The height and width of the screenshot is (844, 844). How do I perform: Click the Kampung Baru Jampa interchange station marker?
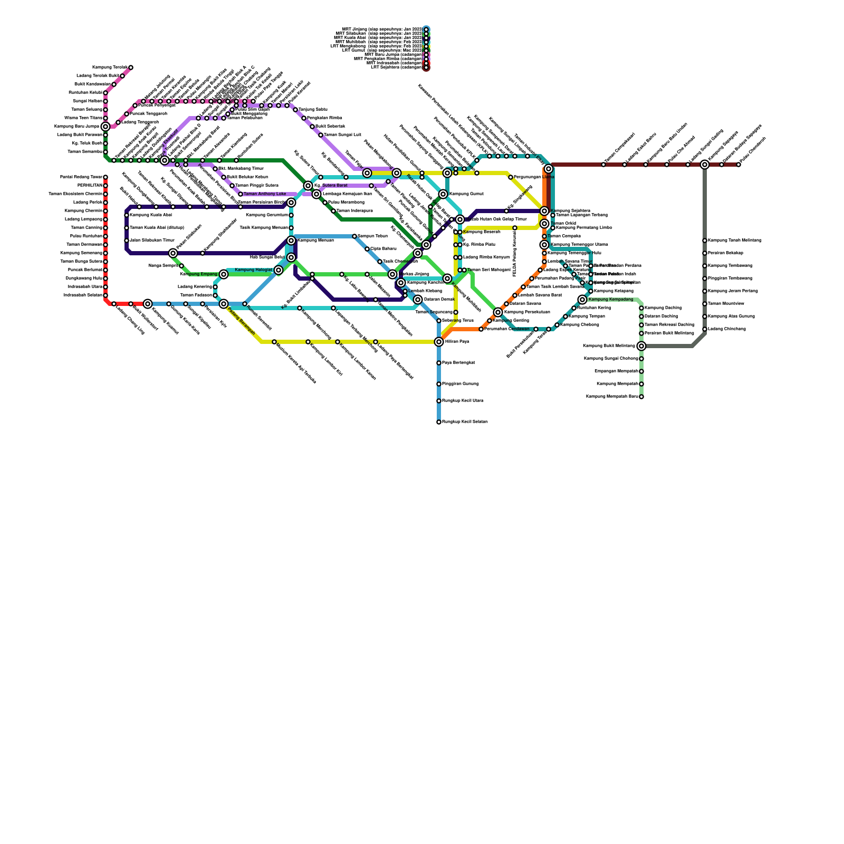[x=105, y=127]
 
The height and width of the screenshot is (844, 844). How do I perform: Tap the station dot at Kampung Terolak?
[x=131, y=68]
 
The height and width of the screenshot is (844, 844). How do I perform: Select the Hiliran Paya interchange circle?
[x=439, y=342]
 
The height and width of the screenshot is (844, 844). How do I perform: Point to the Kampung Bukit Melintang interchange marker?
[x=641, y=346]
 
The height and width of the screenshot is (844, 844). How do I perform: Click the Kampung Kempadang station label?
[x=610, y=300]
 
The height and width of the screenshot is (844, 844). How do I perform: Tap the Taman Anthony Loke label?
[x=265, y=194]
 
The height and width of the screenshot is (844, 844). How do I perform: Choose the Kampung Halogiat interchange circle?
[x=279, y=270]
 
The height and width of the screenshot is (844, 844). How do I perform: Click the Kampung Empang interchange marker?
[x=224, y=274]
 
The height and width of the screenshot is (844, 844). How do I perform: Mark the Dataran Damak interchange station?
[x=418, y=300]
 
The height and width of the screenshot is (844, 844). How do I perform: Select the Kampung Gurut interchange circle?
[x=443, y=194]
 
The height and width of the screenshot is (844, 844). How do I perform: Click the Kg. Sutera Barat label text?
[x=331, y=186]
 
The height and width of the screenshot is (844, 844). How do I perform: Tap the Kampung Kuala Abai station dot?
[x=127, y=215]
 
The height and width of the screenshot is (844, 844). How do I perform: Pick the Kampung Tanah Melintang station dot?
[x=705, y=241]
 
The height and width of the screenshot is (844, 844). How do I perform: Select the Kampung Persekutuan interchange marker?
[x=498, y=312]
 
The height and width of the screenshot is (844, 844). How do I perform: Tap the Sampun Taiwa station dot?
[x=354, y=236]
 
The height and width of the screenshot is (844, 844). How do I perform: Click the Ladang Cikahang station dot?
[x=705, y=329]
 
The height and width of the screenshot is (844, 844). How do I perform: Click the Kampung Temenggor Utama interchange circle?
[x=544, y=245]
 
